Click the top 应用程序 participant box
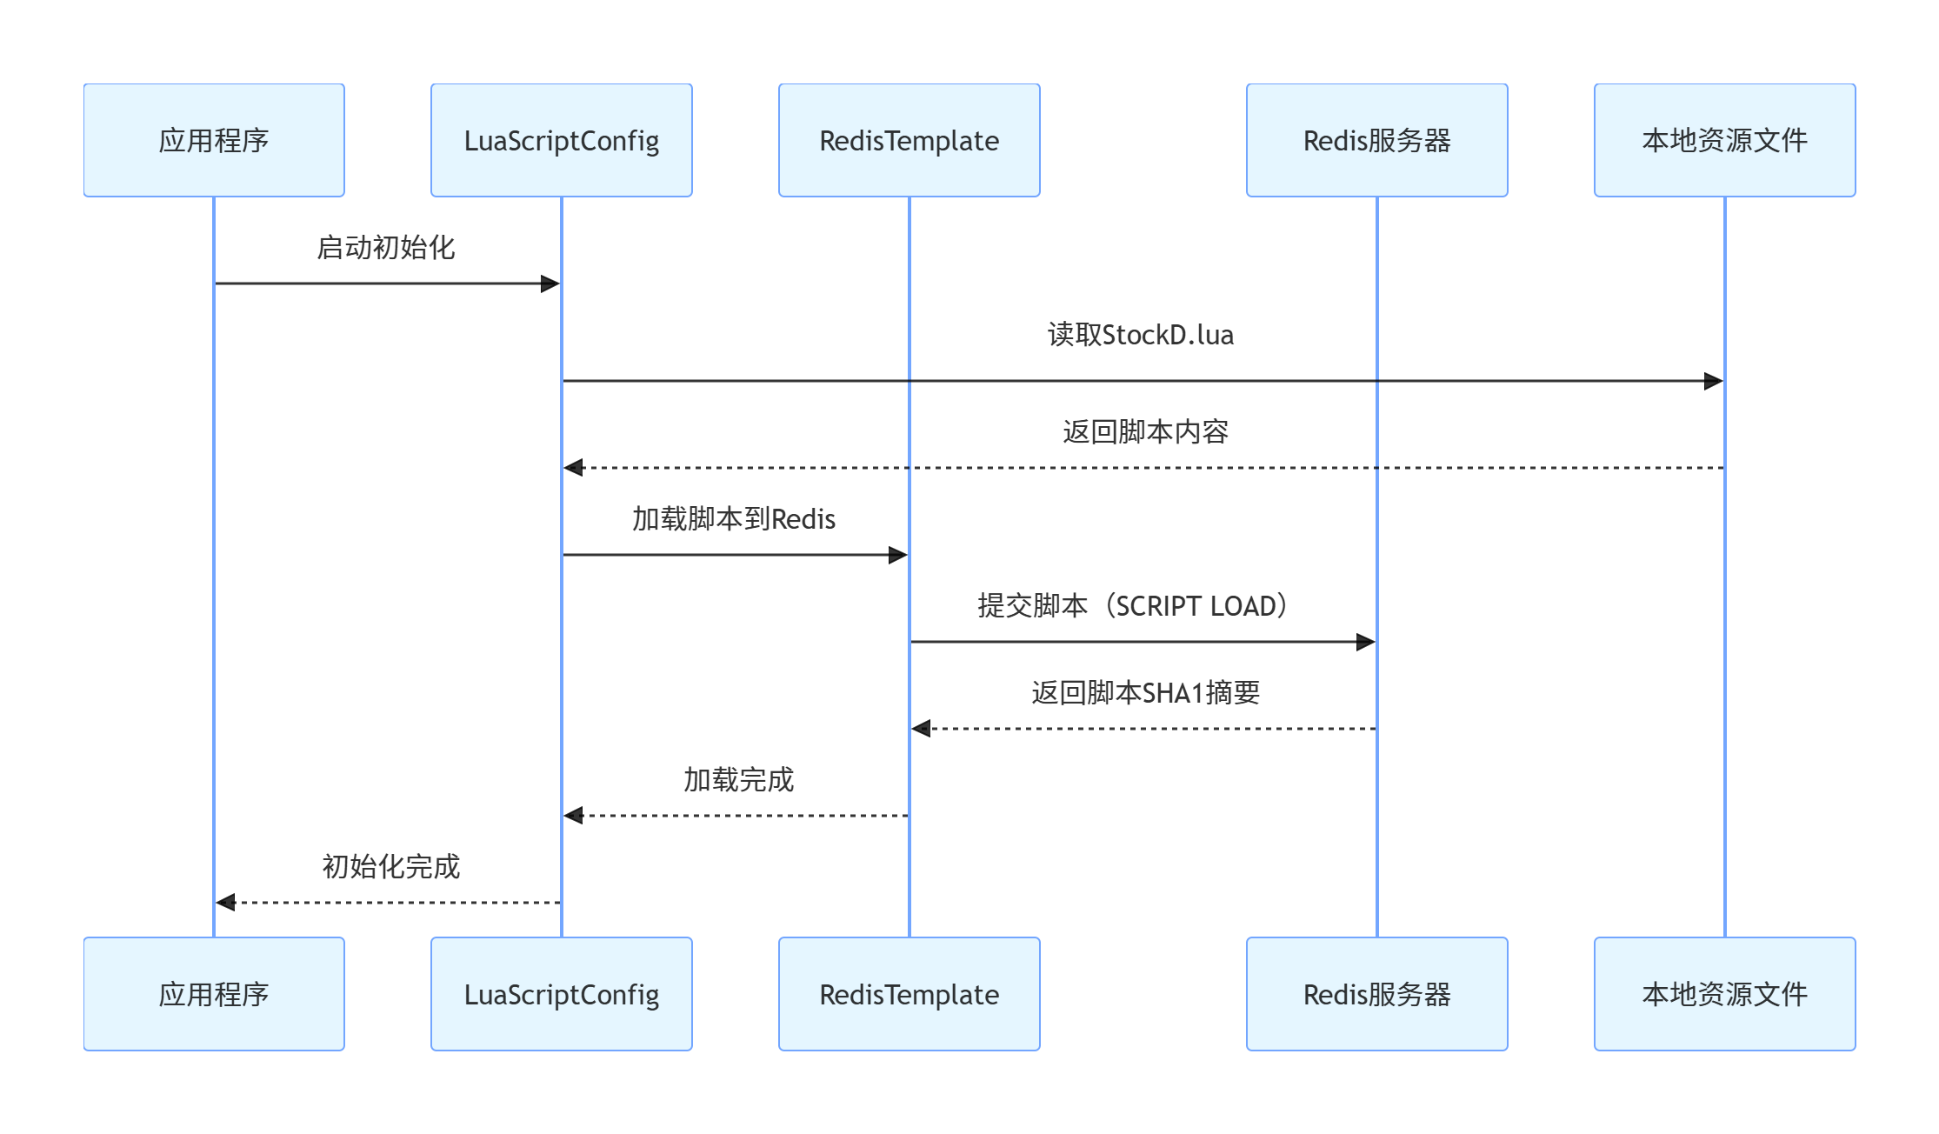point(214,140)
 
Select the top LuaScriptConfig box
point(562,140)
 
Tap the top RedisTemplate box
point(909,140)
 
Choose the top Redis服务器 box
point(1376,140)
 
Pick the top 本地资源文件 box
point(1724,140)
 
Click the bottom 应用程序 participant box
point(214,994)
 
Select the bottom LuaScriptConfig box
point(562,994)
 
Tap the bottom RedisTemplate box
point(909,994)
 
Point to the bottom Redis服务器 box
point(1376,994)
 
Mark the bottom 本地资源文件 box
point(1724,994)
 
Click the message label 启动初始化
point(386,248)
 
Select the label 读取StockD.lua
point(1141,335)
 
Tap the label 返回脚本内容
point(1145,431)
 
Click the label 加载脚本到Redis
point(733,519)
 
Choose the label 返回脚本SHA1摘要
point(1145,693)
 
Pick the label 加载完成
point(738,780)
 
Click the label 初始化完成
point(390,867)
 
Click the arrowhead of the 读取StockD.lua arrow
point(1713,381)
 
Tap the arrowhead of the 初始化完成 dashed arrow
point(226,903)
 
